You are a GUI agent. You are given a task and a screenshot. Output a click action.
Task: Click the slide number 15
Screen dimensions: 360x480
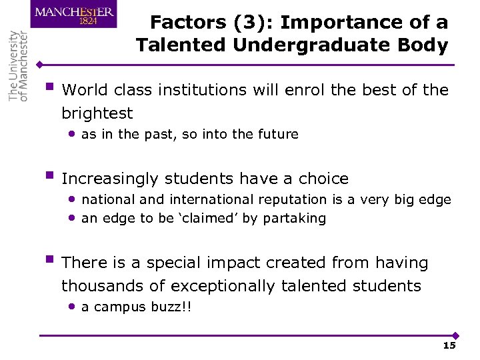tap(449, 345)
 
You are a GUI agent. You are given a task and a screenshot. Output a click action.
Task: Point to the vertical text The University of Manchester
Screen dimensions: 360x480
tap(19, 65)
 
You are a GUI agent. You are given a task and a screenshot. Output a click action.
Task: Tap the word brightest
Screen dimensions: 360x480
tap(97, 113)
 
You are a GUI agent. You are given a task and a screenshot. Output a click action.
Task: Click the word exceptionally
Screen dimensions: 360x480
tap(223, 286)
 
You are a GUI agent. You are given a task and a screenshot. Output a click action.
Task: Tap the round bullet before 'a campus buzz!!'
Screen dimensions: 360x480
tap(71, 307)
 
